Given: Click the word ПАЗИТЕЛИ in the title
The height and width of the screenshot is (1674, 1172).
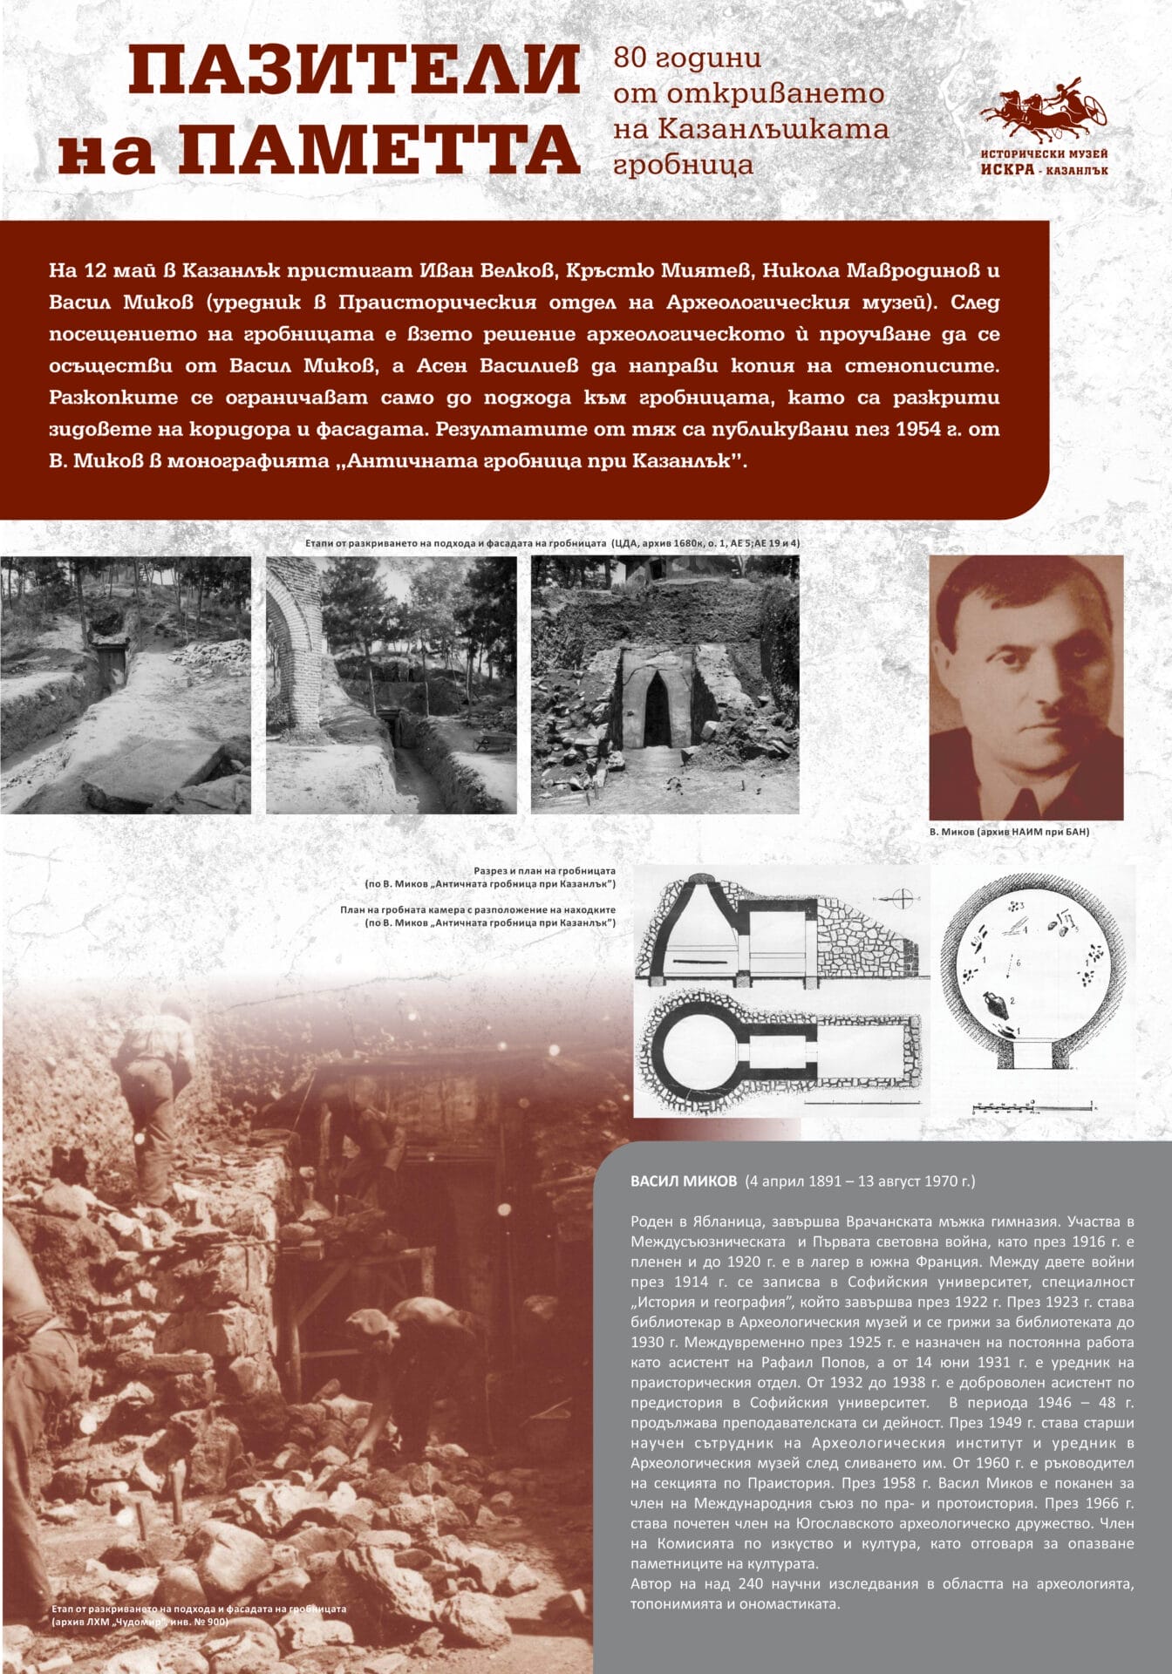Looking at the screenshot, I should (x=354, y=71).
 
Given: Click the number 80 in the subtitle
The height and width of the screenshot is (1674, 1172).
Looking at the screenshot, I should (x=630, y=58).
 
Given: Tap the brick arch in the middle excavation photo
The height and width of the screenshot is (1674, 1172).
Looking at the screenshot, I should (x=301, y=645).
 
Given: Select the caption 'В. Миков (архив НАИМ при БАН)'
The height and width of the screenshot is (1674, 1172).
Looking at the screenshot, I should (x=1009, y=832).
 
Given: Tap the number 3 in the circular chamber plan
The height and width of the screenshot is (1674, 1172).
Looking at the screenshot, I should (x=1021, y=906).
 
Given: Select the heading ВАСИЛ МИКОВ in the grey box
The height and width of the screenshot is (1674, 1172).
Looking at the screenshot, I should (x=684, y=1181).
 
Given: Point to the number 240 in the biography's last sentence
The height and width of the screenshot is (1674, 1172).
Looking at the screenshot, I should (x=749, y=1583).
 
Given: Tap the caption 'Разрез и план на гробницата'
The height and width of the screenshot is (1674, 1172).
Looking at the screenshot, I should (x=544, y=870).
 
